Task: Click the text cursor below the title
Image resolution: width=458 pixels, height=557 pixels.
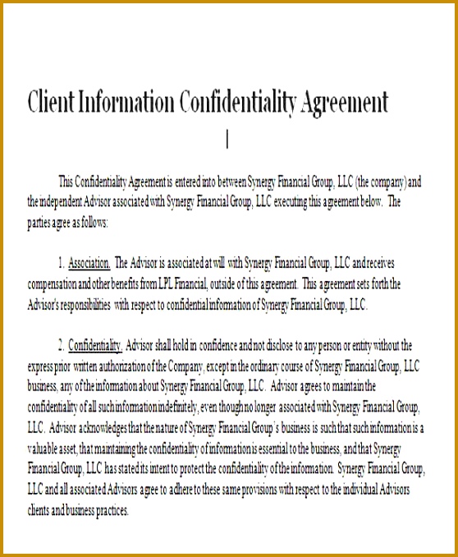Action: (x=227, y=140)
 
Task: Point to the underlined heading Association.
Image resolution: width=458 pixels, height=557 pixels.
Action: (x=89, y=264)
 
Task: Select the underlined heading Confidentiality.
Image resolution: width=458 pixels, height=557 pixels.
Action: (x=95, y=345)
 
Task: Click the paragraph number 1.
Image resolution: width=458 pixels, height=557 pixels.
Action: (x=61, y=264)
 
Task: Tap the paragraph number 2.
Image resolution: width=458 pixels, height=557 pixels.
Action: (x=61, y=345)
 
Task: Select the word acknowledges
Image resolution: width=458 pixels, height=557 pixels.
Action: (x=103, y=427)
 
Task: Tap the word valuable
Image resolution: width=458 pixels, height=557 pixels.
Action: (x=44, y=448)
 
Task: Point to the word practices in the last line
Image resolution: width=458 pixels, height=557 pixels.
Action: (x=107, y=509)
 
